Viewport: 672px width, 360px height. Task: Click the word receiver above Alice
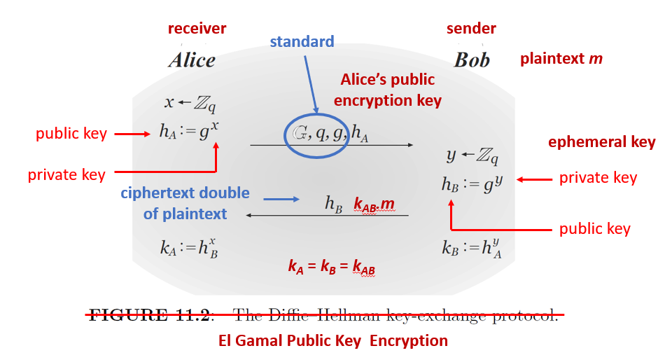coord(197,29)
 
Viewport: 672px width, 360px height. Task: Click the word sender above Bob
coord(471,29)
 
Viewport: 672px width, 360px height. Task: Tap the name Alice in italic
coord(192,60)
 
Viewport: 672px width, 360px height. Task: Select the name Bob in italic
coord(472,60)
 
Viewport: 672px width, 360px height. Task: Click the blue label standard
coord(302,41)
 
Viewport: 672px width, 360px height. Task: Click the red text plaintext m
coord(561,59)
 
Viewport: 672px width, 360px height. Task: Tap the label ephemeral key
coord(601,142)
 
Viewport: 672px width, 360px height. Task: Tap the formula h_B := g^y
coord(472,184)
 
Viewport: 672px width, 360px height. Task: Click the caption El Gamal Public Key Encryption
coord(333,341)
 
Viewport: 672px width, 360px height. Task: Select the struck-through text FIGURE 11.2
coord(148,314)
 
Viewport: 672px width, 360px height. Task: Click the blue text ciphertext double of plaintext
coord(185,203)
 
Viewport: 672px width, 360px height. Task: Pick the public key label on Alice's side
coord(71,133)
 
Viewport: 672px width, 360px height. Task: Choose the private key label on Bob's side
coord(598,178)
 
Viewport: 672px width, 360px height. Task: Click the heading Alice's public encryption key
coord(387,90)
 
